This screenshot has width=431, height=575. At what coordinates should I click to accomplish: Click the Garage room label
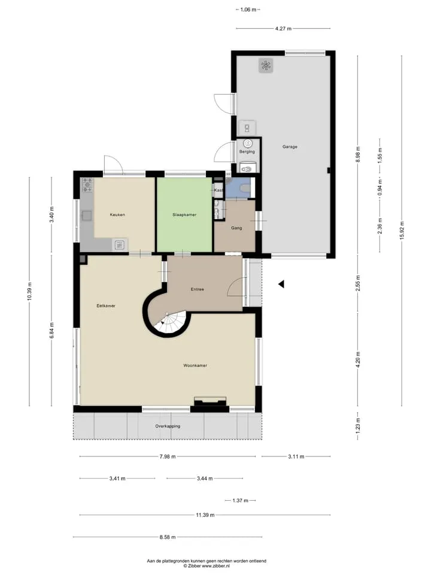coord(290,147)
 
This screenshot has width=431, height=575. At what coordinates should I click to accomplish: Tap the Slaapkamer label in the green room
coord(184,215)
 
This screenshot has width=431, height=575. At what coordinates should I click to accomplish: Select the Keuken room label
coord(117,215)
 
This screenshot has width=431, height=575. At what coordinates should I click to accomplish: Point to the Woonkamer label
coord(195,365)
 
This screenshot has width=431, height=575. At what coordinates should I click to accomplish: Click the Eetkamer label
coord(106,306)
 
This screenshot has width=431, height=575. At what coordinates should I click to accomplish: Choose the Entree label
coord(197,289)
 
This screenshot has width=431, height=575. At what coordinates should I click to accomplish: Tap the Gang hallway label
coord(236,228)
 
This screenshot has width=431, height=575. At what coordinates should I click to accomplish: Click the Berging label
coord(247,152)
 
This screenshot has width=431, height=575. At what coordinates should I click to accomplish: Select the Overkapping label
coord(168,426)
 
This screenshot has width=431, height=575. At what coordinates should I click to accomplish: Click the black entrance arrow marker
coord(281,284)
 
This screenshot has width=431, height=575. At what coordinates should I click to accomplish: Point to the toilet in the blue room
coord(245,189)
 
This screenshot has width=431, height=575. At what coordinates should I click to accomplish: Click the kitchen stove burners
coord(87,185)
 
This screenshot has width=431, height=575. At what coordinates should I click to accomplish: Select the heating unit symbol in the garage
coord(266,66)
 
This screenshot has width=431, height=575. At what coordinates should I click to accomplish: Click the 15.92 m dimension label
coord(402,231)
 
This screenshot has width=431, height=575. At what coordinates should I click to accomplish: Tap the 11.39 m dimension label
coord(205,515)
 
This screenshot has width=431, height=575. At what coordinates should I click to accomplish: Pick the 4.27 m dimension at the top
coord(283,28)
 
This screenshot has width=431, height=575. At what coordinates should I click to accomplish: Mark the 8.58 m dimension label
coord(168,537)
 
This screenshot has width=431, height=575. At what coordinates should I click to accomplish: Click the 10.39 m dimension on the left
coord(29,292)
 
